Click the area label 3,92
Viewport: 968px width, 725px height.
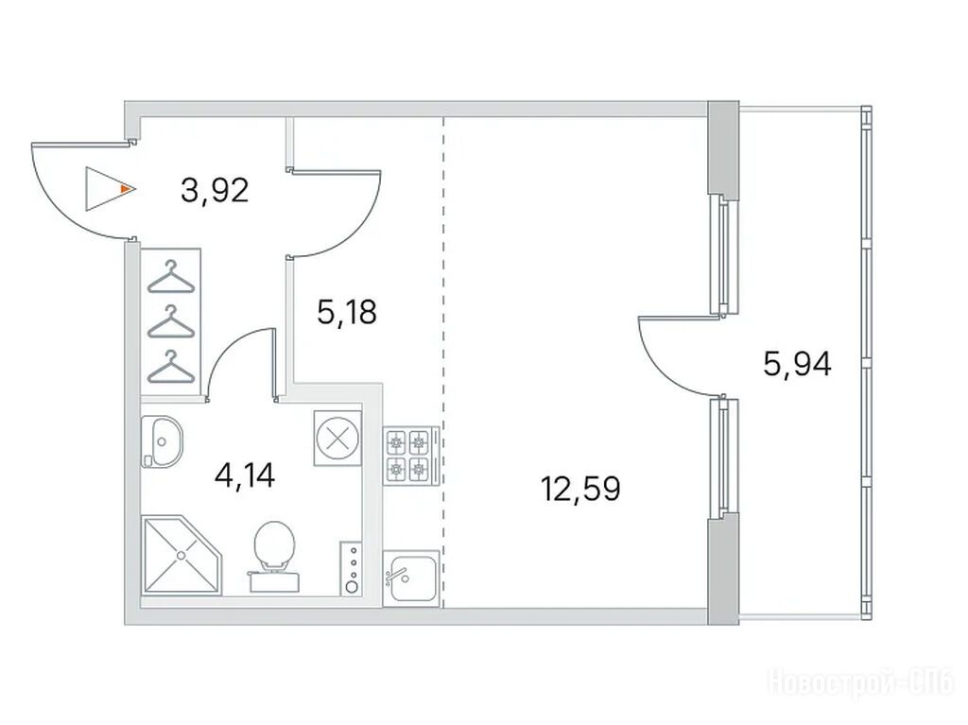coord(215,190)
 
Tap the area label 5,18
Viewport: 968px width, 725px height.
coord(346,312)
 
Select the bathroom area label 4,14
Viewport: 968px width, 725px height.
coord(244,475)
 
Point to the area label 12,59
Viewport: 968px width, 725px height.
coord(580,489)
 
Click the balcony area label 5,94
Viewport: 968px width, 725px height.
coord(797,364)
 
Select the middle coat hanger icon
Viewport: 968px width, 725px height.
coord(170,321)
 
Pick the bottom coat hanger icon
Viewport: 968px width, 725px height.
coord(170,367)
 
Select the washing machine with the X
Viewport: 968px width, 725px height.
coord(337,439)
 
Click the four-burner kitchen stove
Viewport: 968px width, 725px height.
coord(411,457)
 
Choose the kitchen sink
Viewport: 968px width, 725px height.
coord(411,578)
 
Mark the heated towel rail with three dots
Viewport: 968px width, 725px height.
coord(352,568)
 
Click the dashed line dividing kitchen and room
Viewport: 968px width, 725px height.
coord(443,361)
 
